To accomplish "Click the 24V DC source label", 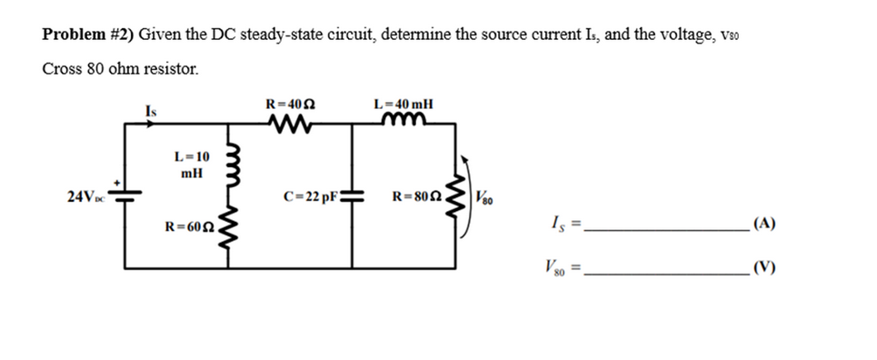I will [x=85, y=195].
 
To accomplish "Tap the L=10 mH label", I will [x=192, y=164].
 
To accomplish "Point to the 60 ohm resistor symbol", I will [x=234, y=231].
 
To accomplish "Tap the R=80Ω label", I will [x=419, y=195].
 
